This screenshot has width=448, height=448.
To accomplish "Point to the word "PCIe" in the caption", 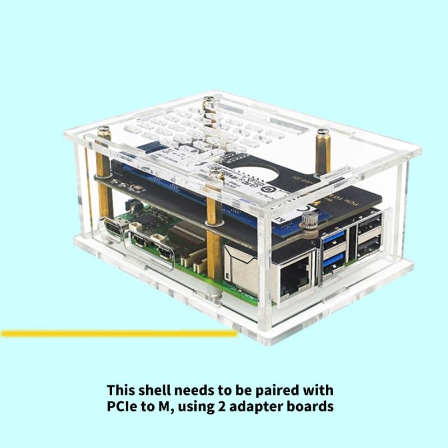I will click(x=125, y=406).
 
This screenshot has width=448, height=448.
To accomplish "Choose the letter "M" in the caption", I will click(x=167, y=406).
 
